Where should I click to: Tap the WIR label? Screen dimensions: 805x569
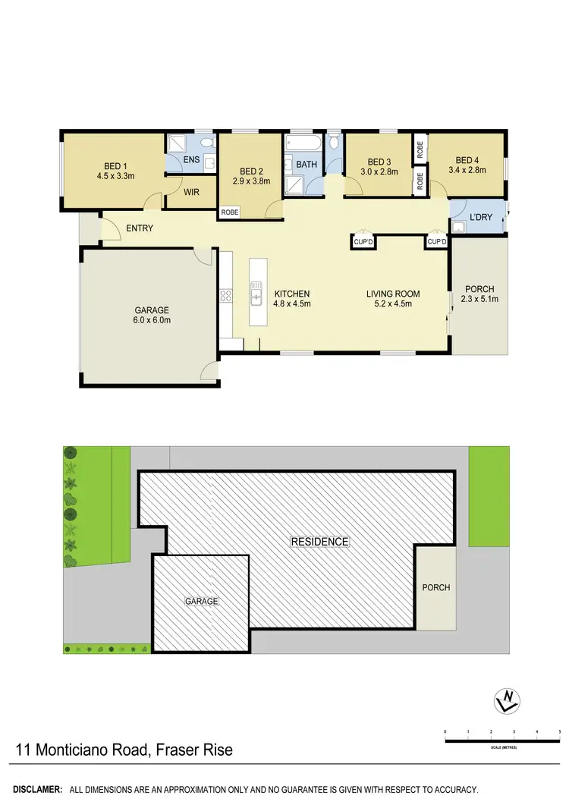(192, 193)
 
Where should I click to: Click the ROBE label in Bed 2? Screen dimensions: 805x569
(229, 213)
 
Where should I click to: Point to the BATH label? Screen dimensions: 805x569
(307, 165)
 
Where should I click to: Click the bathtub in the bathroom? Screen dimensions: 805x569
(302, 143)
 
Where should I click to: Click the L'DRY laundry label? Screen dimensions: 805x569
(481, 218)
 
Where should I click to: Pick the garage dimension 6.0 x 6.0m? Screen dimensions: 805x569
(152, 320)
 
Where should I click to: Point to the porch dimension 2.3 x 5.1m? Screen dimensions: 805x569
(479, 299)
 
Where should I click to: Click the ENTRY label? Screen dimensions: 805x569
(140, 228)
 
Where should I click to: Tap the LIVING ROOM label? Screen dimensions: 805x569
(393, 294)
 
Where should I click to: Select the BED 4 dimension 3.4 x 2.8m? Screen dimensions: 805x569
(467, 171)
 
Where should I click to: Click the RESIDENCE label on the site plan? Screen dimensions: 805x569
(320, 542)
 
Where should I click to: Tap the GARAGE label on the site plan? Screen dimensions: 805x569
(202, 601)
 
